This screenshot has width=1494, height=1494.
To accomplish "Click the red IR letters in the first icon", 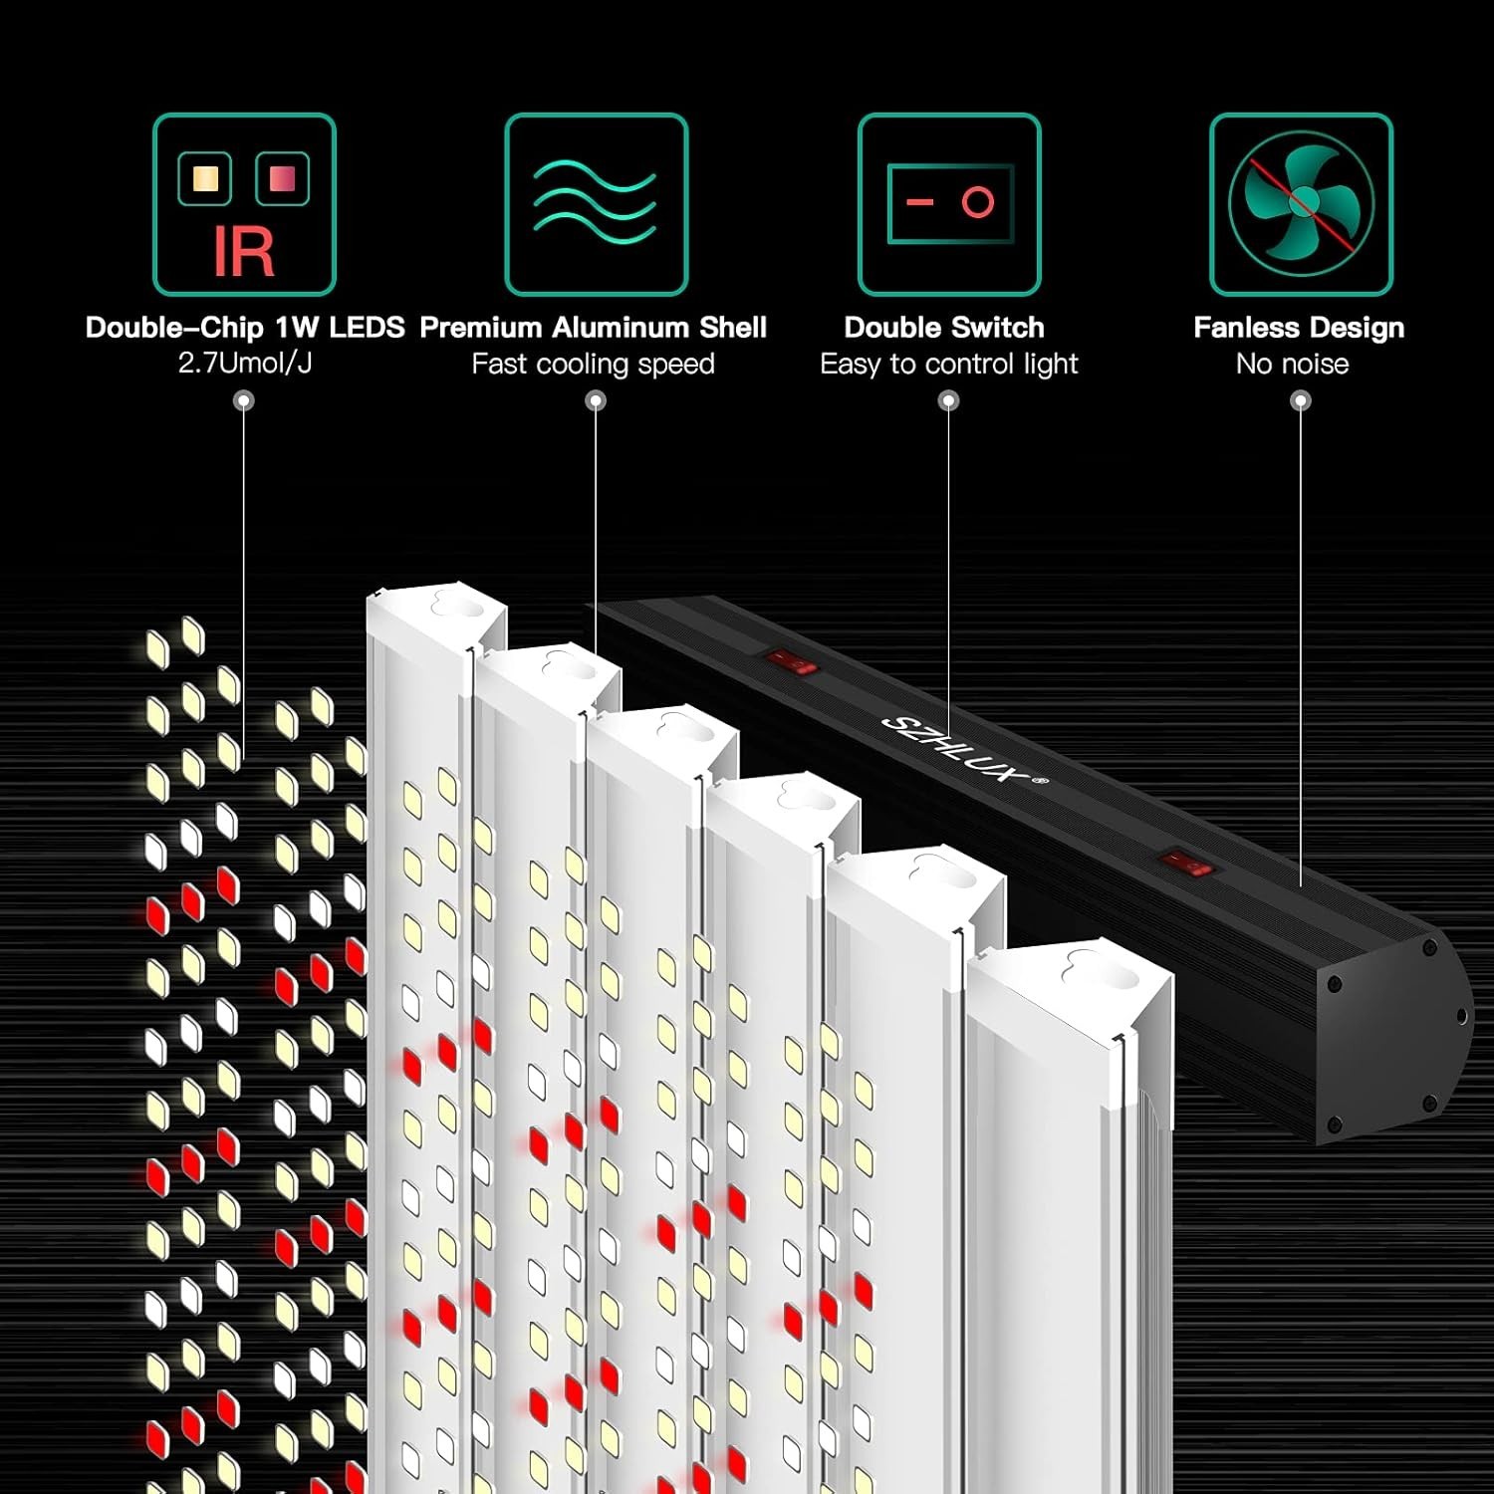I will tap(244, 251).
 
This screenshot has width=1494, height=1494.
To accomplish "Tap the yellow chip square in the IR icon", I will tap(205, 178).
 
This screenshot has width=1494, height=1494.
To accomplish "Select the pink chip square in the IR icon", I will tap(283, 178).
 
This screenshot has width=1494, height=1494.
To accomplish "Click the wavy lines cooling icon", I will tap(596, 204).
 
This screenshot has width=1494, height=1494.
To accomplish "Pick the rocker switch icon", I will tap(949, 204).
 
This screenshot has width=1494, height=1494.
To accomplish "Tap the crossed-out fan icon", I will tap(1301, 204).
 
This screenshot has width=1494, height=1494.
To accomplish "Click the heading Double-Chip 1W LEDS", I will tap(245, 328).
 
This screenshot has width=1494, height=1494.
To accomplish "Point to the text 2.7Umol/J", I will tap(245, 364).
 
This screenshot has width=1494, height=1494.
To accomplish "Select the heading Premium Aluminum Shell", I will tap(594, 328).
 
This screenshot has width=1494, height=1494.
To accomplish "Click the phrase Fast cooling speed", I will tap(594, 365).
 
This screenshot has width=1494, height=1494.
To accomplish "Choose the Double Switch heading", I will tap(944, 328).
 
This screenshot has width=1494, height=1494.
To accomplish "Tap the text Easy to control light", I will tap(948, 365).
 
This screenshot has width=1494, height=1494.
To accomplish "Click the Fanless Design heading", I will tap(1299, 328).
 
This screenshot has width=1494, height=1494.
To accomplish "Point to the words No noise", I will tap(1292, 365).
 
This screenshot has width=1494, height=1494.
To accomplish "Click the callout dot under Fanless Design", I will tap(1301, 401).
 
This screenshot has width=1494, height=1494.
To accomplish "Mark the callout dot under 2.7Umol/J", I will tap(244, 401).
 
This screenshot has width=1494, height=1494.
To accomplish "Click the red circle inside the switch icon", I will tap(978, 202).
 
